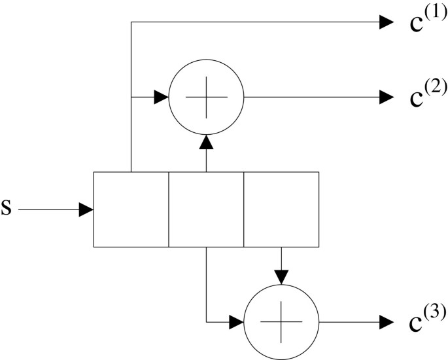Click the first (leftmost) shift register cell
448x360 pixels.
(131, 209)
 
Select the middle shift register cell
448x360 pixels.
(206, 209)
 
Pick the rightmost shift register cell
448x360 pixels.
(281, 209)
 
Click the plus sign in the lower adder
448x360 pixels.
(281, 323)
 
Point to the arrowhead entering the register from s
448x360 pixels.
(87, 210)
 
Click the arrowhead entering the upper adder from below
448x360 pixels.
(206, 141)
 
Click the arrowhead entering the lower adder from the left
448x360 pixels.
(237, 323)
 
